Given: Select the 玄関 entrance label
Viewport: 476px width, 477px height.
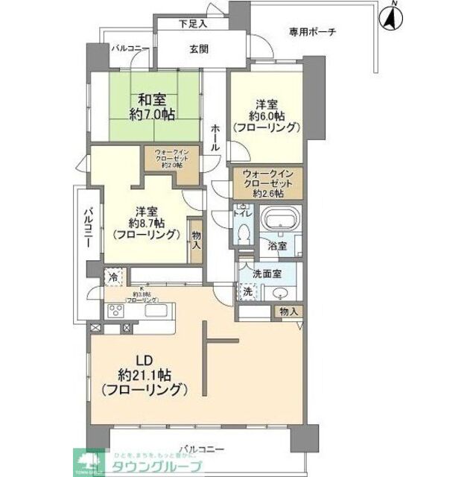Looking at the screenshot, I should pos(197,50).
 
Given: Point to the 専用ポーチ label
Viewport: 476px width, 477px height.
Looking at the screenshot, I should pos(313,31).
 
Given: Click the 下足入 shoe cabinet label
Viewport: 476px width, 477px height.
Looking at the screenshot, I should pos(193,24).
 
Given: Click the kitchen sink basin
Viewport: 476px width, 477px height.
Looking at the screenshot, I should pos(157,311).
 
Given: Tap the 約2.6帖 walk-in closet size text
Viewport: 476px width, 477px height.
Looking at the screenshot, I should pos(268,194).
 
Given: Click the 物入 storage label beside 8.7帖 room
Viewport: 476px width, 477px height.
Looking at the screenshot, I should pos(197,239).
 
